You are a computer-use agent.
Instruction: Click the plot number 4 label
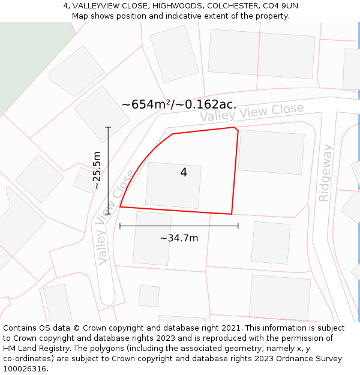pyautogui.click(x=184, y=173)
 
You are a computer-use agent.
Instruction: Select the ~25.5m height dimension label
pyautogui.click(x=97, y=170)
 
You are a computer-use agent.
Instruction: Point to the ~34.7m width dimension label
pyautogui.click(x=179, y=238)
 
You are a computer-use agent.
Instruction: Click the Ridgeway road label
pyautogui.click(x=325, y=173)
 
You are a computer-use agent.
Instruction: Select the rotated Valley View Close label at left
pyautogui.click(x=115, y=218)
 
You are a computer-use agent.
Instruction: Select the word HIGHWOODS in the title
pyautogui.click(x=178, y=5)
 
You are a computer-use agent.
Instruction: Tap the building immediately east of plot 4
pyautogui.click(x=271, y=152)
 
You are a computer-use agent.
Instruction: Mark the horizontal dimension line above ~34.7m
pyautogui.click(x=179, y=226)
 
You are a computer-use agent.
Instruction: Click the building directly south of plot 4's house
pyautogui.click(x=152, y=238)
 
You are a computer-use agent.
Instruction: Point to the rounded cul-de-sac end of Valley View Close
pyautogui.click(x=107, y=298)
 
